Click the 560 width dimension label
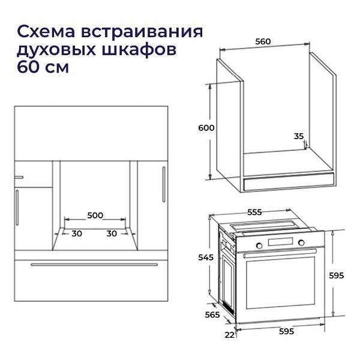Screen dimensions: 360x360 263,41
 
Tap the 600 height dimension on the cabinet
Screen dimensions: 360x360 206,128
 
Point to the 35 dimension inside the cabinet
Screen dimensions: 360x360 299,136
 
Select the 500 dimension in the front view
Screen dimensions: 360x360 95,215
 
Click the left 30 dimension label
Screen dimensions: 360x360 77,233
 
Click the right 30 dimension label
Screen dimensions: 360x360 112,233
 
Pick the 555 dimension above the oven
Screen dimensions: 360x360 254,212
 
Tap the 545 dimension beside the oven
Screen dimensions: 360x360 206,257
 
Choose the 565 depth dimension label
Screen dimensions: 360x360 212,314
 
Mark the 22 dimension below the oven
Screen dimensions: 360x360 230,335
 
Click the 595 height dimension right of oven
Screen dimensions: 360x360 337,275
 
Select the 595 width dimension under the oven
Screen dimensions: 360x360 287,331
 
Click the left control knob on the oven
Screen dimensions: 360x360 259,245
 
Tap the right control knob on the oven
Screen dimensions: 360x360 301,242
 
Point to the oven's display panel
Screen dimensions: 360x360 280,242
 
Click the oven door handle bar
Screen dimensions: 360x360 280,253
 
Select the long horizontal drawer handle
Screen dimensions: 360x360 94,265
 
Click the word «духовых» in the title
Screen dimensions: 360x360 56,49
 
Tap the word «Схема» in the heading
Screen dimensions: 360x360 46,32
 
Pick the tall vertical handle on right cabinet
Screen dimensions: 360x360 164,184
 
